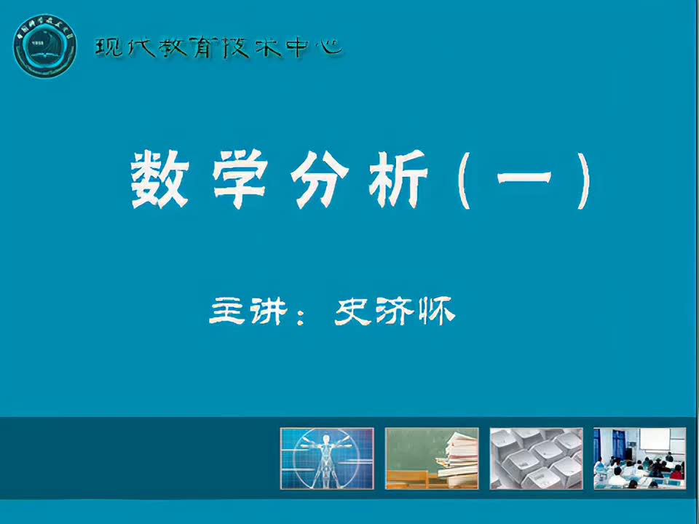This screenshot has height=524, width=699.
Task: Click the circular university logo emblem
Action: pos(44,46)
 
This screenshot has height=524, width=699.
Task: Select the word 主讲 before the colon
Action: pos(246,311)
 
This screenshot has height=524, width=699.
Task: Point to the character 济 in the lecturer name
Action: pos(397,311)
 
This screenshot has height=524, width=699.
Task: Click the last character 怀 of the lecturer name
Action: pos(437,311)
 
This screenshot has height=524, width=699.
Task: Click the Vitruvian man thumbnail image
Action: pos(327,458)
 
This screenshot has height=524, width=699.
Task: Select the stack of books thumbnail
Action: pos(432,458)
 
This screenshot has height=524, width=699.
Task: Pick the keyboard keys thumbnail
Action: pos(536,458)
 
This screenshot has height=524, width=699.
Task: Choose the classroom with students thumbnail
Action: pos(639,458)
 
